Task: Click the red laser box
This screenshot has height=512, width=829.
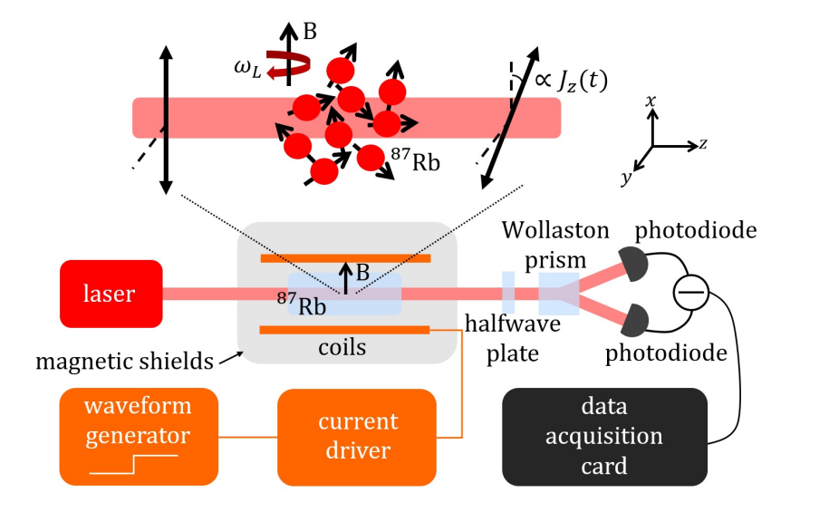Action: (x=111, y=294)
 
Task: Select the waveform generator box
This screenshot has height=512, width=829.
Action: (x=140, y=436)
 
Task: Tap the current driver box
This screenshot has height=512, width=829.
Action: (x=357, y=436)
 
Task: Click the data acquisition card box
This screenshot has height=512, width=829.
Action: (x=604, y=436)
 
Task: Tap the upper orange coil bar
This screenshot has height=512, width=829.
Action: (x=344, y=258)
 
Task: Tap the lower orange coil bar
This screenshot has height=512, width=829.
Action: (x=344, y=330)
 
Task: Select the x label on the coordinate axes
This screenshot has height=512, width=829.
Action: (x=651, y=102)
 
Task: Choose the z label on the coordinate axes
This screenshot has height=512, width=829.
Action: (x=703, y=144)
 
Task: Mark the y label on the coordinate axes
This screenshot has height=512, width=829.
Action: (x=625, y=178)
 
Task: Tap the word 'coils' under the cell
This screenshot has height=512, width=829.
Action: (x=342, y=346)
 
